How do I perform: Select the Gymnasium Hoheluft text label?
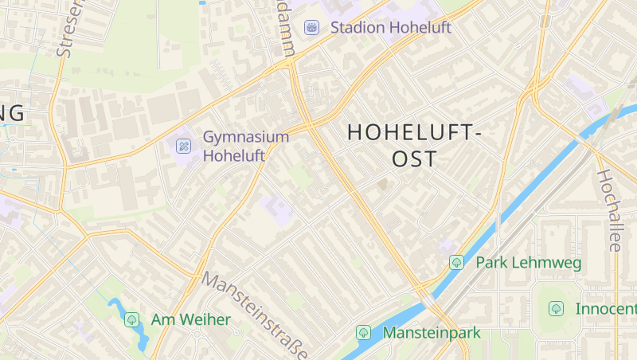245,146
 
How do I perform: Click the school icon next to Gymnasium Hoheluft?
183,146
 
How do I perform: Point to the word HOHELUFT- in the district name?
415,133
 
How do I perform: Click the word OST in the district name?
415,158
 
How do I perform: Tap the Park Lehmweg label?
528,262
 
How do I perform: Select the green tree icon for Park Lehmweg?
456,262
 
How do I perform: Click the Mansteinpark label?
432,332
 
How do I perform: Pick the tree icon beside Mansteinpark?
364,332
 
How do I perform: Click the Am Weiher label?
190,319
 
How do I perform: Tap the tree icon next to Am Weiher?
131,319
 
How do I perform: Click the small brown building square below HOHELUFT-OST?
383,185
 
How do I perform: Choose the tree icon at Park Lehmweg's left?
456,262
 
